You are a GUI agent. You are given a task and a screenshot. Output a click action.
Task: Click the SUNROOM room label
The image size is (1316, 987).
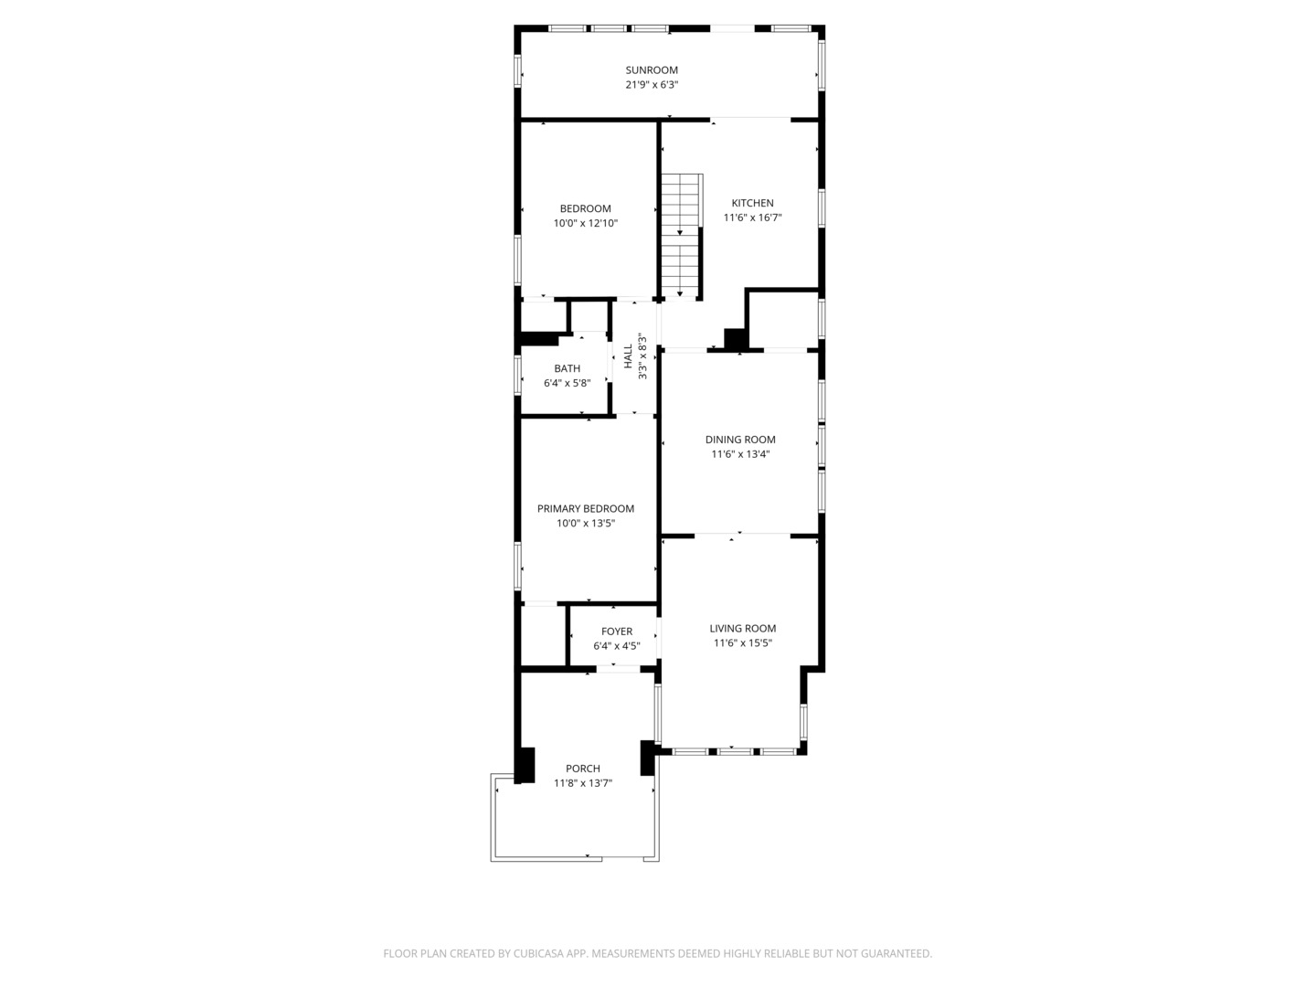tap(652, 70)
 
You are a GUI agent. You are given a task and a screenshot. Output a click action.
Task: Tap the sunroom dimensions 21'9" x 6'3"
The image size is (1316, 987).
tap(652, 85)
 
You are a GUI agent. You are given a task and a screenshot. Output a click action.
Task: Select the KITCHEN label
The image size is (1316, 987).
tap(752, 204)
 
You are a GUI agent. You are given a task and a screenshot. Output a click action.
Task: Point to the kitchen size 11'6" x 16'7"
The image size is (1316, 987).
tap(752, 218)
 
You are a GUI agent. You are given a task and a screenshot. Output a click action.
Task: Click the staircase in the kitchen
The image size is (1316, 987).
tap(681, 235)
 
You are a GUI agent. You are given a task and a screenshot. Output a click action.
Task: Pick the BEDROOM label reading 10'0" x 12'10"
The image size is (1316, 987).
tap(586, 209)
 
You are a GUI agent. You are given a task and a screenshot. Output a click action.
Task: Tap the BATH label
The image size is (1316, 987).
tap(567, 369)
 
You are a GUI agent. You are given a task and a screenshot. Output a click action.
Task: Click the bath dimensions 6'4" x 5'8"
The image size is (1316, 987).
tap(567, 384)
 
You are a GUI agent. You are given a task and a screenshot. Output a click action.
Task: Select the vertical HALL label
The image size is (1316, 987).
tap(628, 356)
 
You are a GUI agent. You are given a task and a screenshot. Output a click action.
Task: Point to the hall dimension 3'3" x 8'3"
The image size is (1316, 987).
tap(642, 357)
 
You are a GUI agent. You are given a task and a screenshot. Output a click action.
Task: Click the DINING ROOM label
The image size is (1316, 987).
tap(740, 440)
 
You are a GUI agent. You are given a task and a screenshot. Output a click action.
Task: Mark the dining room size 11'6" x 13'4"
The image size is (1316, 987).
tap(740, 454)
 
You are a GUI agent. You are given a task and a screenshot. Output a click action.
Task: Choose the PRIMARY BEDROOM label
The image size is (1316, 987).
tap(586, 509)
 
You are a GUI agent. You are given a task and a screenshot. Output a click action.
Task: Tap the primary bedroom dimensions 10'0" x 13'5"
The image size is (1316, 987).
tap(586, 524)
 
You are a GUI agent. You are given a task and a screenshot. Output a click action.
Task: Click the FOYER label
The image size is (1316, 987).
tap(617, 631)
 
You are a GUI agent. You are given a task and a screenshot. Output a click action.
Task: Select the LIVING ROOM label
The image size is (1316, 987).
tap(743, 629)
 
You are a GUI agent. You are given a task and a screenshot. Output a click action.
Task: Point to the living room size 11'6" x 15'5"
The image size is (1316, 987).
tap(743, 643)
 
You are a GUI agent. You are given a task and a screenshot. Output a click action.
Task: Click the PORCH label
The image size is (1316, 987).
tap(583, 769)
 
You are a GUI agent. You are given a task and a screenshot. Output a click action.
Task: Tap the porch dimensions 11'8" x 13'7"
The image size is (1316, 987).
tap(583, 783)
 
